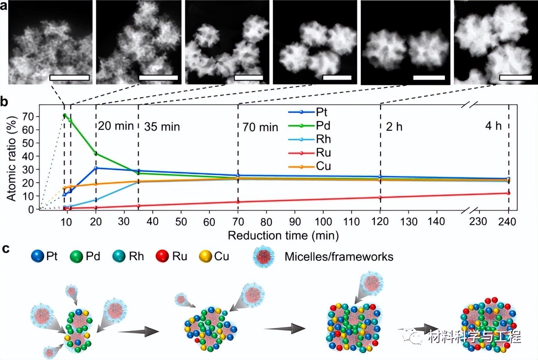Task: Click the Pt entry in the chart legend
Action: coord(321,112)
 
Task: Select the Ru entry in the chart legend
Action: coord(323,152)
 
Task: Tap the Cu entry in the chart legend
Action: coord(323,166)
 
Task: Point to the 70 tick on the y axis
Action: coord(28,117)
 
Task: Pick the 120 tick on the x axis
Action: coord(380,222)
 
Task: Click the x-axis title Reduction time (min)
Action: coord(283,235)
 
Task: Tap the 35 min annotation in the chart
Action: coord(162,127)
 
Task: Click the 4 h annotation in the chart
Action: coord(493,126)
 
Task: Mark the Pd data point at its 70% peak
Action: coord(64,115)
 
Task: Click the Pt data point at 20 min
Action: coord(96,168)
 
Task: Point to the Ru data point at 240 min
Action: coord(509,193)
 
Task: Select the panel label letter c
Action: coord(5,249)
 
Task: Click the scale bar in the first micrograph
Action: coord(70,78)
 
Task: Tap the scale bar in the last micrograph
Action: coord(515,78)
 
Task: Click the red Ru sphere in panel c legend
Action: coord(162,257)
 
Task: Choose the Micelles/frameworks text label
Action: coord(339,257)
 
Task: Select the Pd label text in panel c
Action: coord(93,257)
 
